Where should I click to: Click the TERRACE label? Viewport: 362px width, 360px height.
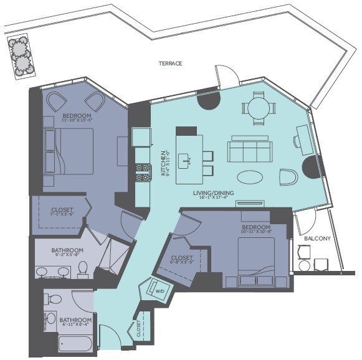pyautogui.click(x=169, y=63)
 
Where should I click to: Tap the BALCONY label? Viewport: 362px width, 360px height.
pyautogui.click(x=317, y=239)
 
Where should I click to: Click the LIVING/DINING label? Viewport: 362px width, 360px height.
pyautogui.click(x=214, y=193)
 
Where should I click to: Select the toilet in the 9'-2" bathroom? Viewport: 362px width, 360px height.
pyautogui.click(x=83, y=268)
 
